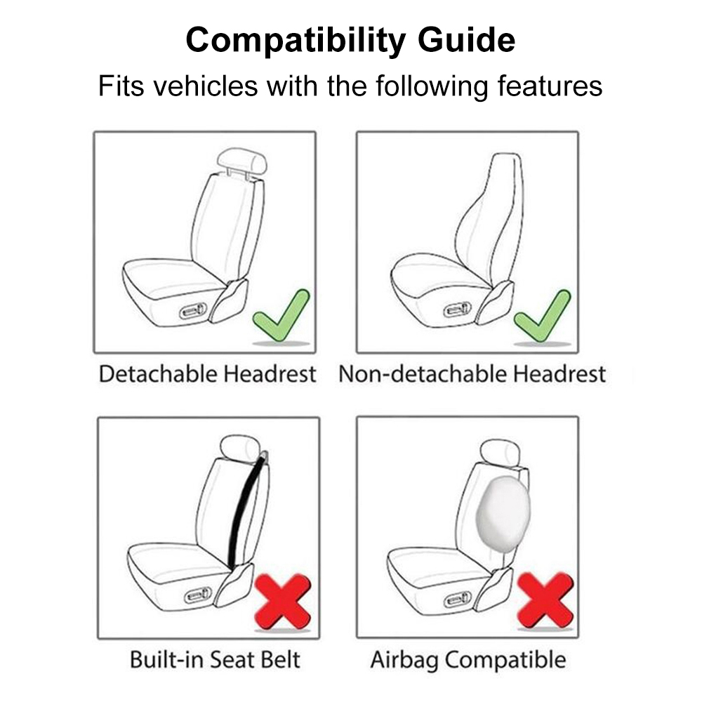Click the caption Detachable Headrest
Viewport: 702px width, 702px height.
(207, 374)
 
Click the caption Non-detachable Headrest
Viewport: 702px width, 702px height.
(472, 374)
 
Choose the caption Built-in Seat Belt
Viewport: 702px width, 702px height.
(215, 660)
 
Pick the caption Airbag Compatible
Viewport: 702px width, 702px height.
(468, 660)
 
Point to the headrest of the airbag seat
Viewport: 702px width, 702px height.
(499, 453)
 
